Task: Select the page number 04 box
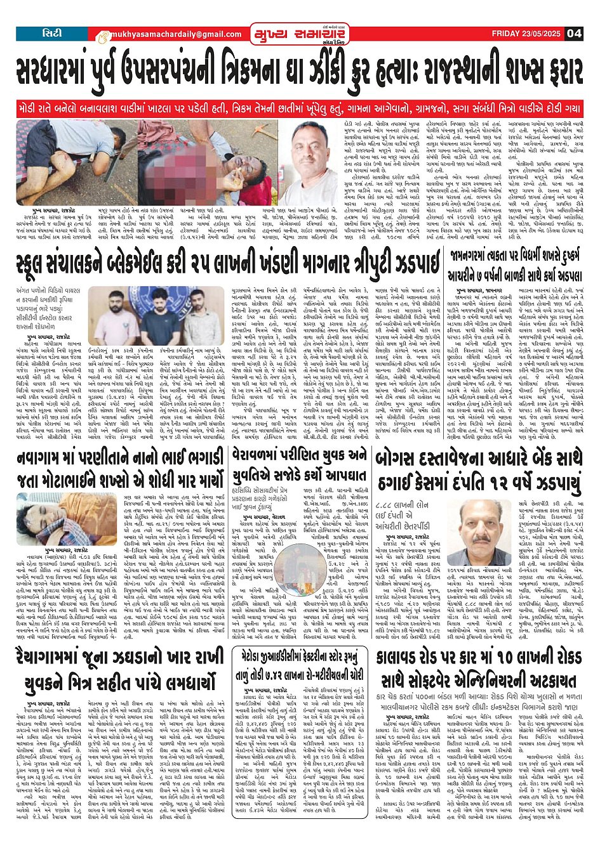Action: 574,34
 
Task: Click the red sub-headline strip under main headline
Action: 300,107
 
